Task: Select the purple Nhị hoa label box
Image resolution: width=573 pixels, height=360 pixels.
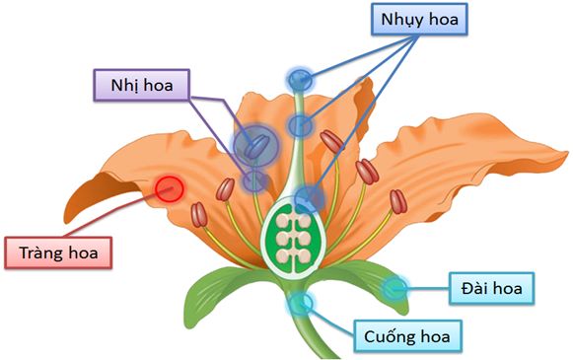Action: point(142,85)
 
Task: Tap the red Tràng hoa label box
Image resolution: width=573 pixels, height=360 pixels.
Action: point(59,252)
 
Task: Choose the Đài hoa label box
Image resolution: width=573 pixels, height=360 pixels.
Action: point(490,288)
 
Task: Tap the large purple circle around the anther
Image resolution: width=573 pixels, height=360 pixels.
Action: point(254,145)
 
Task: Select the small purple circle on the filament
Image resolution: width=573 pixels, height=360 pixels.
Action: point(255,180)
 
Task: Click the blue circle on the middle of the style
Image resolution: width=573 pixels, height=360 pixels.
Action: point(301,125)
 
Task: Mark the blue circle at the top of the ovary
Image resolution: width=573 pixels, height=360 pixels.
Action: point(309,198)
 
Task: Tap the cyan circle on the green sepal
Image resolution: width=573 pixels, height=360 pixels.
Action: point(395,288)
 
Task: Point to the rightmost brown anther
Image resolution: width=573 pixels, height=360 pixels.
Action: point(397,203)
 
